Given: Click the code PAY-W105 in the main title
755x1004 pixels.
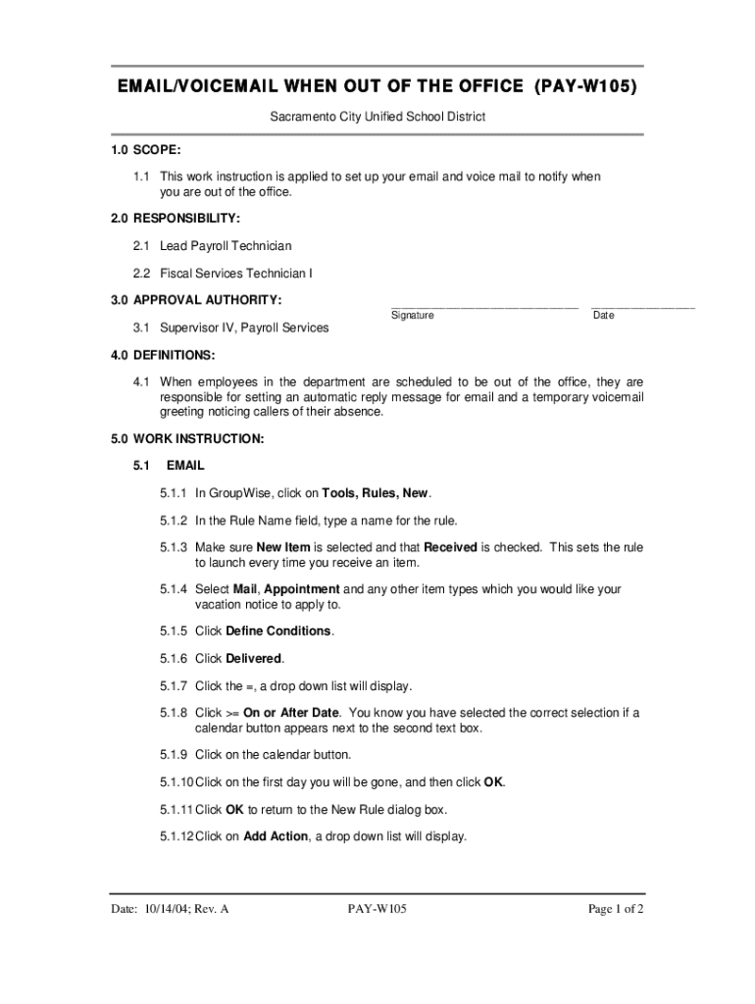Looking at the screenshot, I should click(x=586, y=87).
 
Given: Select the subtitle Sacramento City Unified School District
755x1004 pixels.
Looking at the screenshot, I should click(x=377, y=117).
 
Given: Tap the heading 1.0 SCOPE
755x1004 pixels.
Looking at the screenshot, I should click(x=145, y=150).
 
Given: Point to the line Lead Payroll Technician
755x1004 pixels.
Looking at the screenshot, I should click(x=226, y=246).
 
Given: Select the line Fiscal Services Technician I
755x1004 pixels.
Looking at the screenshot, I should click(x=236, y=274).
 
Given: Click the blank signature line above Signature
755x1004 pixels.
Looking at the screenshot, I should click(x=483, y=307).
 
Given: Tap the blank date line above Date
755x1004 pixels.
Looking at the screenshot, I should click(x=643, y=307).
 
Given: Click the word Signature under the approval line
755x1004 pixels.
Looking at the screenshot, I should click(x=413, y=316).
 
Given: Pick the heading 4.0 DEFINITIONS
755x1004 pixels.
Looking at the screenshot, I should click(x=162, y=354).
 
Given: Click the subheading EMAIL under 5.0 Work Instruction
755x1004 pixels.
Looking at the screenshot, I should click(x=185, y=465).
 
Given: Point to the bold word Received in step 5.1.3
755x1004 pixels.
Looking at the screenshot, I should click(x=450, y=547).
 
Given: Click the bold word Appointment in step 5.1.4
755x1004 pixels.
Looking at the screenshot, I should click(x=302, y=589).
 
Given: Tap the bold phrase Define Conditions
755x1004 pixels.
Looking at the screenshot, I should click(x=278, y=630).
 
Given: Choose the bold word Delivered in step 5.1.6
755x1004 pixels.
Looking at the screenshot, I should click(x=253, y=658).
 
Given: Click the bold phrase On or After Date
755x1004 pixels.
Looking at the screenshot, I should click(x=291, y=713).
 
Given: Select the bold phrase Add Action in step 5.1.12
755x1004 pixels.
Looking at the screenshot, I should click(x=276, y=836).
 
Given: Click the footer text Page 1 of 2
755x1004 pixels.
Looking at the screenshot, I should click(x=616, y=909).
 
